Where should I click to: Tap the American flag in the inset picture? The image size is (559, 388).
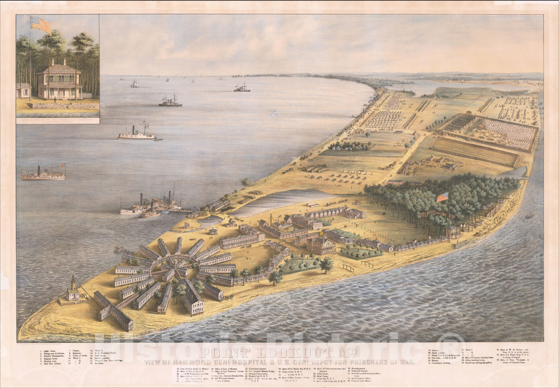click(41, 24)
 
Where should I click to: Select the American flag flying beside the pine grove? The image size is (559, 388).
click(442, 197)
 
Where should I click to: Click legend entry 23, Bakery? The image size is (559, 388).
click(435, 360)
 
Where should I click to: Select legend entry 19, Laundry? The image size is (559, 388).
click(435, 350)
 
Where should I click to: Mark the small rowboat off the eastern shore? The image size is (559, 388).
click(529, 217)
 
